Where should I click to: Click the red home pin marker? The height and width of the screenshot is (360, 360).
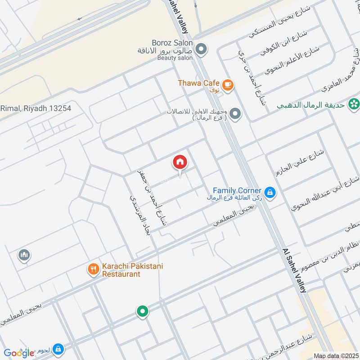click(x=180, y=162)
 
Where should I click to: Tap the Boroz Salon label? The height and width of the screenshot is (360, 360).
click(x=173, y=43)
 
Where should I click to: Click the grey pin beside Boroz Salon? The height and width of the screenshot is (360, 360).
click(x=201, y=48)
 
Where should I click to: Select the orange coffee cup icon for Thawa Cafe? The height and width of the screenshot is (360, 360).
click(x=228, y=84)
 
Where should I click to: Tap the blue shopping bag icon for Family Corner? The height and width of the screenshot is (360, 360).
click(x=270, y=193)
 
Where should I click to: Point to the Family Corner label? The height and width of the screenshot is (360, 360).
click(x=237, y=191)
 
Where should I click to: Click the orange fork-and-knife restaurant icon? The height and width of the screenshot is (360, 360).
click(x=94, y=270)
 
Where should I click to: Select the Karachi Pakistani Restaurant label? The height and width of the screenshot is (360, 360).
click(x=132, y=270)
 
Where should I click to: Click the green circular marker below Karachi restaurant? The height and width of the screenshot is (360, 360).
click(x=143, y=311)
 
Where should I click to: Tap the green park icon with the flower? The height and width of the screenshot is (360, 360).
click(x=354, y=104)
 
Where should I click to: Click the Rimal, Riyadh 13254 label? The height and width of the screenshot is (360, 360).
click(x=36, y=108)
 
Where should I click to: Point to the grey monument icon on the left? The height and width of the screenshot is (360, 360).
click(x=24, y=256)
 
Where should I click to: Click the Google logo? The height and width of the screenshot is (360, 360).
click(x=19, y=353)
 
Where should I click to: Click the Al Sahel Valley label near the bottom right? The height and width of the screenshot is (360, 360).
click(x=294, y=270)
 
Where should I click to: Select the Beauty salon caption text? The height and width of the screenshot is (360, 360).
click(x=175, y=58)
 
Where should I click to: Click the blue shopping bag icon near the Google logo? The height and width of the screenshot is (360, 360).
click(x=58, y=349)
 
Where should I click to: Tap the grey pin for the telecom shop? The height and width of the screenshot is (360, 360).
click(x=234, y=114)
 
